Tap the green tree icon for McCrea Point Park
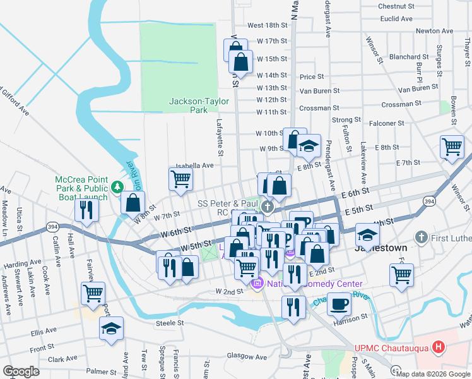pos(117,187)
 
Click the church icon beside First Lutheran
pos(421,238)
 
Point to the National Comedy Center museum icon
pos(256,285)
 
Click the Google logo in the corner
pos(21,371)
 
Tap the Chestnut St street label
pos(396,6)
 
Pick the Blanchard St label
pos(409,57)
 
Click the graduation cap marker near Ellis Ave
pos(112,328)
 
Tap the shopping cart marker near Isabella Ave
pos(180,179)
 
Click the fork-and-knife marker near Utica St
pos(86,209)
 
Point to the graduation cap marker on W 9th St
pos(309,147)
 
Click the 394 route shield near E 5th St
pos(428,201)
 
